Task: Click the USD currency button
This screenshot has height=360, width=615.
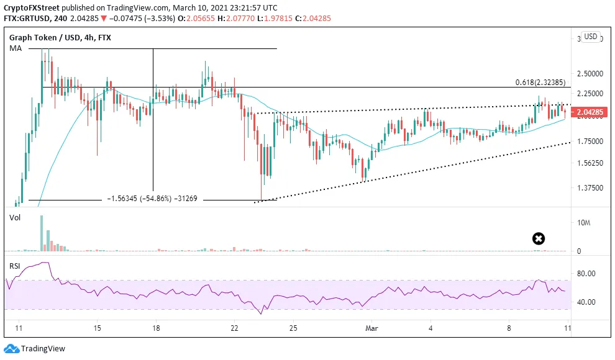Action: [591, 37]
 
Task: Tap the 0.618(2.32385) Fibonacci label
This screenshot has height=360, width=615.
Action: [540, 83]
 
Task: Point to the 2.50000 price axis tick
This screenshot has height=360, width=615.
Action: [590, 74]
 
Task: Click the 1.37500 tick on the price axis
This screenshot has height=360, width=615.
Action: [590, 188]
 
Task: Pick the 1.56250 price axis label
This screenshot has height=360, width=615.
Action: [590, 163]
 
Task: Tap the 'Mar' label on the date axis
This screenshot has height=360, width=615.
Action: [371, 328]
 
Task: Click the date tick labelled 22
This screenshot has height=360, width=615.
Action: [234, 328]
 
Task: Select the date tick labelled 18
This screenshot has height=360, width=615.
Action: [156, 328]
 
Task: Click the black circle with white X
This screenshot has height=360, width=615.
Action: [539, 238]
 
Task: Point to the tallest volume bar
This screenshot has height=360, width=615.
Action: [42, 233]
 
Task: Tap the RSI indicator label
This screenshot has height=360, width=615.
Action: [14, 266]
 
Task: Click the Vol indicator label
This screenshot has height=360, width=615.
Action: [15, 218]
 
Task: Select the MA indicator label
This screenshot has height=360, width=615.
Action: [16, 48]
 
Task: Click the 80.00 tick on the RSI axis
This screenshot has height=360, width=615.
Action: [586, 274]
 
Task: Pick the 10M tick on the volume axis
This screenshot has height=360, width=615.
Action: [583, 223]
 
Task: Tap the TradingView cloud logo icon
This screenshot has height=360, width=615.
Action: [11, 349]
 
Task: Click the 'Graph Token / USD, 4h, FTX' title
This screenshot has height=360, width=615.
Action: [60, 38]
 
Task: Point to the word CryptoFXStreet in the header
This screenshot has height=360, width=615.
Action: [32, 8]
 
